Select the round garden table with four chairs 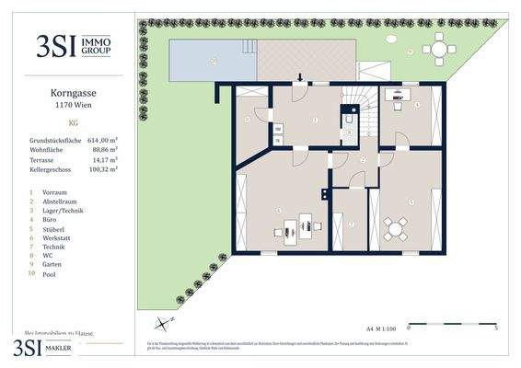point(439,48)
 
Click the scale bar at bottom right point(453,327)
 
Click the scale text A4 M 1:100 point(380,327)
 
